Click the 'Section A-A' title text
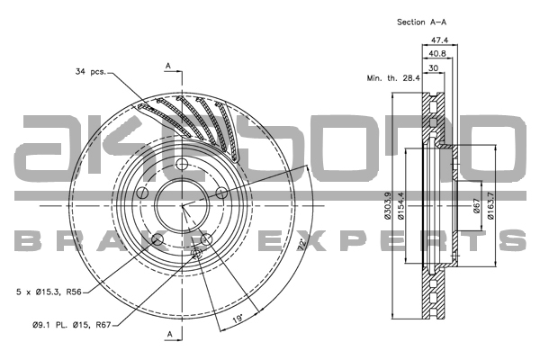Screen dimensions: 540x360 coord(423,21)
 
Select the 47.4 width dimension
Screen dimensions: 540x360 coord(439,40)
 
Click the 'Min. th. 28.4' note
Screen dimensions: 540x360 coord(393,77)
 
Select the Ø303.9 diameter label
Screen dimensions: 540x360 coord(388,207)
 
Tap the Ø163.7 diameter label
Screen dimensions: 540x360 coord(490,207)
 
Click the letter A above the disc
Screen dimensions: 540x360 coord(168,66)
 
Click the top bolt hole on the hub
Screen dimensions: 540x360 coord(182,164)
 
